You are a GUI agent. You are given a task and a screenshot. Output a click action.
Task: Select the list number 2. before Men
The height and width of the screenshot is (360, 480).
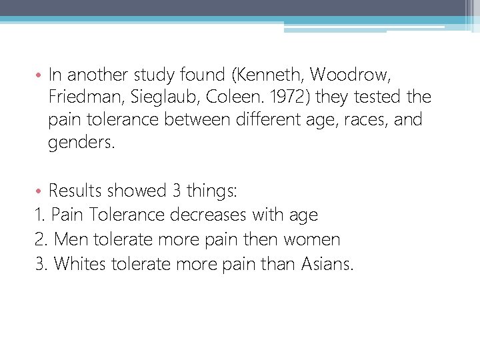point(41,239)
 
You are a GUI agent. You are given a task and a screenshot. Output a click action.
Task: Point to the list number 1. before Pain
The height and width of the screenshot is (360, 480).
point(40,215)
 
